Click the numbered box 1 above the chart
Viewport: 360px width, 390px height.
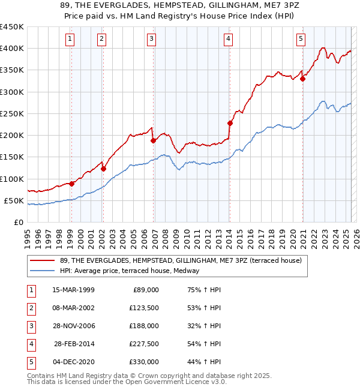point(71,39)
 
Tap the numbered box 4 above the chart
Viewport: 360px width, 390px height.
point(229,39)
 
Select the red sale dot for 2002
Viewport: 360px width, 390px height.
point(103,169)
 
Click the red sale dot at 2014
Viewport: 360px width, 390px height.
point(230,123)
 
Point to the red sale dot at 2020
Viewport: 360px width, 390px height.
point(302,79)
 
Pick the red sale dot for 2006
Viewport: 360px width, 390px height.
point(153,140)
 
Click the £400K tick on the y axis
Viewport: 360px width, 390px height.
point(11,49)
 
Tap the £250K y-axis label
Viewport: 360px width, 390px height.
point(11,113)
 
